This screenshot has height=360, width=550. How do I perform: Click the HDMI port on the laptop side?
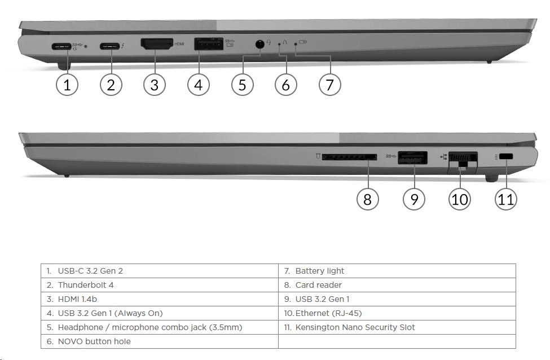coord(157,44)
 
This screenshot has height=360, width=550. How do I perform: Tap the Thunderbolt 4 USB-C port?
coord(110,46)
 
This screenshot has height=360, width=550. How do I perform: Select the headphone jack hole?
coord(259,45)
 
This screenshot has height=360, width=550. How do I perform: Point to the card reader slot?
coord(349,157)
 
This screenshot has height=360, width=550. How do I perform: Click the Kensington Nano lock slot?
coord(506,156)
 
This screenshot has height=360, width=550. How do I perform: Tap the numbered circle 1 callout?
coord(67,85)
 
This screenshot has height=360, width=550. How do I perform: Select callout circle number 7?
coord(330,85)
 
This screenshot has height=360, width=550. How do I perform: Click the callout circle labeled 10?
coord(460,199)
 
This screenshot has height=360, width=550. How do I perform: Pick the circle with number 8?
coord(367,199)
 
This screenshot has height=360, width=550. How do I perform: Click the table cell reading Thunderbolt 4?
coord(86,285)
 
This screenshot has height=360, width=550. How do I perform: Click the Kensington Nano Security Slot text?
coord(355,327)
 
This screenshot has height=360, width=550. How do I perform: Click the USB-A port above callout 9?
coord(412,157)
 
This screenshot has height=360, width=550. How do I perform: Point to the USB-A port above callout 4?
coord(209,43)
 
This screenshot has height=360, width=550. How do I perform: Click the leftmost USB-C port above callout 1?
coord(61,46)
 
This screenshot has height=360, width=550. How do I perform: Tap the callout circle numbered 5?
coord(243,85)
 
